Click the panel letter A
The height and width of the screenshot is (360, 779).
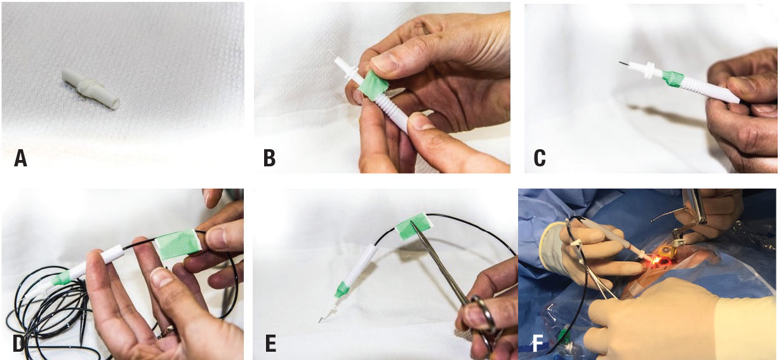click(20, 158)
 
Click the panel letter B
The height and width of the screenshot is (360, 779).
click(270, 158)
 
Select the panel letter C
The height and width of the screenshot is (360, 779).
click(540, 158)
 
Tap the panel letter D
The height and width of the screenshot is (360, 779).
click(19, 343)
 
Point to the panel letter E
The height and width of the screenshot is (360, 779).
click(270, 343)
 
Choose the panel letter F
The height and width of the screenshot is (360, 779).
click(538, 343)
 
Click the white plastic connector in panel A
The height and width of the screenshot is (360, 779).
click(91, 89)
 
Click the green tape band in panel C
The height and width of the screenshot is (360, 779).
click(671, 79)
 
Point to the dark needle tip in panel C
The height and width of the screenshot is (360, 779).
click(623, 63)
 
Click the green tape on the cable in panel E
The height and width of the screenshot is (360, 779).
click(413, 226)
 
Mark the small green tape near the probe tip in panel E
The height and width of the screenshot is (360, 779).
click(341, 290)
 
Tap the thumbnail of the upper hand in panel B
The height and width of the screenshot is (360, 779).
click(385, 63)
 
